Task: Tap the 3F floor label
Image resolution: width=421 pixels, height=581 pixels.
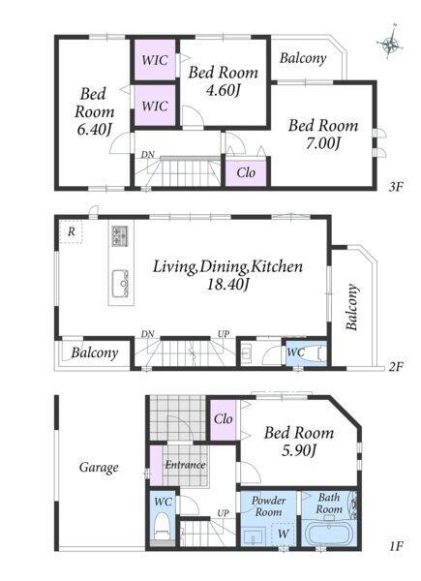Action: [x=395, y=187]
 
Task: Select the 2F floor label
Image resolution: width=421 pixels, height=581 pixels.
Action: [x=395, y=367]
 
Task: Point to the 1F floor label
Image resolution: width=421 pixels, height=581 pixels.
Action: [x=395, y=545]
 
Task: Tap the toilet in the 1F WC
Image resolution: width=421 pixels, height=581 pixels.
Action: [x=163, y=525]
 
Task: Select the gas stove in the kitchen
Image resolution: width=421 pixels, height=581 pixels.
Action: [x=120, y=236]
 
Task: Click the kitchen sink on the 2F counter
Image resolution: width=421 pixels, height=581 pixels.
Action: [x=120, y=283]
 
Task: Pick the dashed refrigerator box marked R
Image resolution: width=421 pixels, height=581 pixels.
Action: [x=71, y=232]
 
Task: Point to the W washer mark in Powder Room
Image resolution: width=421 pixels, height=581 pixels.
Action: [x=284, y=534]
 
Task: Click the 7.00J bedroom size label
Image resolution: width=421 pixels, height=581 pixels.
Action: [x=323, y=143]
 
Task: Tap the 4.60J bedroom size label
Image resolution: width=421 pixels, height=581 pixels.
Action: [x=223, y=90]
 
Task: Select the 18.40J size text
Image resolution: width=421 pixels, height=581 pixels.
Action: [x=227, y=285]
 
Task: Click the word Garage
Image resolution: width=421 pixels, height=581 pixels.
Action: [x=99, y=468]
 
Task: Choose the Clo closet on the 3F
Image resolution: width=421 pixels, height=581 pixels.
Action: [x=246, y=172]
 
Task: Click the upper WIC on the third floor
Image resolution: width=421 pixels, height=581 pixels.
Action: [x=155, y=60]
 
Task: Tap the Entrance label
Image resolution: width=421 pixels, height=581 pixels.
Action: [x=185, y=465]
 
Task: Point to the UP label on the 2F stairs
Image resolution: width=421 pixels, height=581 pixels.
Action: [x=224, y=334]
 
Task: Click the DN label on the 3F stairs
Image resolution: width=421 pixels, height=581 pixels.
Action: [x=147, y=155]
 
